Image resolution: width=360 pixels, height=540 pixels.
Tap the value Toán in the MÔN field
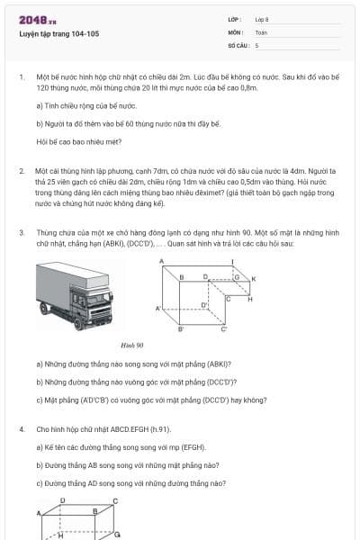tap(261, 31)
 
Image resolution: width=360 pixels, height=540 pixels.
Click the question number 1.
tap(21, 78)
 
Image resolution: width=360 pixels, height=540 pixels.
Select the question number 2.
tap(21, 170)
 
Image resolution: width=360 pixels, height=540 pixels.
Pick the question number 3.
tap(21, 233)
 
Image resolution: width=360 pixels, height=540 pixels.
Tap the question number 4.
tap(21, 430)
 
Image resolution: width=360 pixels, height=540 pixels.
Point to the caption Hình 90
tap(132, 344)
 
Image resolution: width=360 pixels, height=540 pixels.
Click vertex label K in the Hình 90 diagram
tap(254, 279)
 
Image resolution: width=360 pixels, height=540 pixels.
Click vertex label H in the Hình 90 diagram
tap(249, 298)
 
